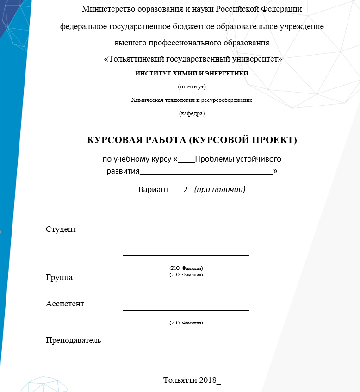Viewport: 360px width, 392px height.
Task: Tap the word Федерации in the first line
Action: [x=280, y=9]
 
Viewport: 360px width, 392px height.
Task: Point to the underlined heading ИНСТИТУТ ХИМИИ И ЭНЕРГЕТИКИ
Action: [x=192, y=74]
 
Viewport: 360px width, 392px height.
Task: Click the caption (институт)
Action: [x=192, y=87]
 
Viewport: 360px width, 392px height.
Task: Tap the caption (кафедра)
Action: [x=192, y=113]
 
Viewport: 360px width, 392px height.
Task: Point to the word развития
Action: [x=123, y=171]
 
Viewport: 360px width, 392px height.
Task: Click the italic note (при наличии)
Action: [x=219, y=189]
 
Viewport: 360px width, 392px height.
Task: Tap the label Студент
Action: [x=61, y=229]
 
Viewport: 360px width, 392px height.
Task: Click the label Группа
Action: [x=59, y=278]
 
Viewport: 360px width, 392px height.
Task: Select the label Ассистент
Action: [x=65, y=304]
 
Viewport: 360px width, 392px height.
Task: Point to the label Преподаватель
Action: [x=73, y=341]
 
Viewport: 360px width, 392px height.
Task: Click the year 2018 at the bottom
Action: [x=208, y=380]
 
